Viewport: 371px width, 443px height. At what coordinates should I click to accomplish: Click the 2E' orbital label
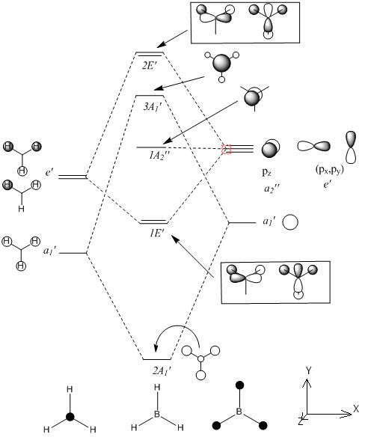point(150,66)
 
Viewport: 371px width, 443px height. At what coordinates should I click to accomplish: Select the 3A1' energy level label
point(152,107)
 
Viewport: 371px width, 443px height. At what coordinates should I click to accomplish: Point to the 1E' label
point(156,233)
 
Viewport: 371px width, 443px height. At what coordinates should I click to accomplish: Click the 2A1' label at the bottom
point(162,371)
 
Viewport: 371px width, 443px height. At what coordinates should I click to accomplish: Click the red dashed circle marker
point(227,149)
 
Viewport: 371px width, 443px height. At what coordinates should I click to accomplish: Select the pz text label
point(267,173)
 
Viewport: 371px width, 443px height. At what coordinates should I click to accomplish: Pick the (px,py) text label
point(329,170)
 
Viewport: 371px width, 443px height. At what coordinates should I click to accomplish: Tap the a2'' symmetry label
point(272,189)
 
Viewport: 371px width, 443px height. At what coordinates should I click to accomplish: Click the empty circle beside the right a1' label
point(290,222)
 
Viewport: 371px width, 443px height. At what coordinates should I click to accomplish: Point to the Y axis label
point(309,370)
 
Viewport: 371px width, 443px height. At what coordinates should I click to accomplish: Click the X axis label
point(356,409)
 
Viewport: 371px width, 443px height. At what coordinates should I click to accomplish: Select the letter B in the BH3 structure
point(157,415)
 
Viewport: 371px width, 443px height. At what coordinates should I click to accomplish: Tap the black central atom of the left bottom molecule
point(70,417)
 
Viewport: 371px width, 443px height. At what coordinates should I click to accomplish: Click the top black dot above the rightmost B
point(239,385)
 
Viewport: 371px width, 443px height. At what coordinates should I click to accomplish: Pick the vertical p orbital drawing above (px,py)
point(351,147)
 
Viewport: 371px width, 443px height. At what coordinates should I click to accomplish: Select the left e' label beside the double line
point(49,172)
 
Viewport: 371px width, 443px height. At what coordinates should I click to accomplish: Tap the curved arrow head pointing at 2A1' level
point(156,347)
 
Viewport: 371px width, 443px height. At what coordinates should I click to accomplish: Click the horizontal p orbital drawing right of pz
point(313,146)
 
